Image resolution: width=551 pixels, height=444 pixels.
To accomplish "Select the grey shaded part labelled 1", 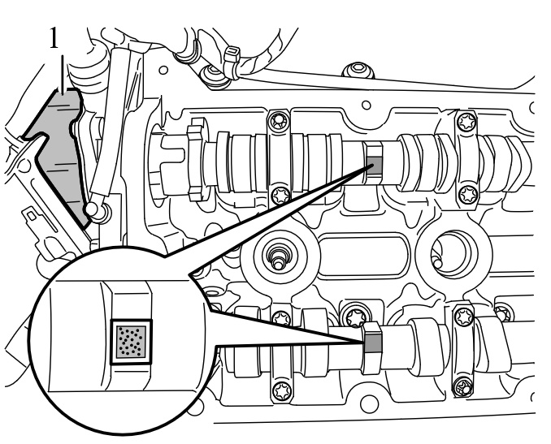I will point(59,150).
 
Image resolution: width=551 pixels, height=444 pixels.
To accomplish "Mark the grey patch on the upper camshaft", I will point(374,162).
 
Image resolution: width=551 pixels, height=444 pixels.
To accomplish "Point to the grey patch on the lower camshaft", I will point(371,345).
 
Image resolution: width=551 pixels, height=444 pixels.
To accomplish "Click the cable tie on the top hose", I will point(232,57).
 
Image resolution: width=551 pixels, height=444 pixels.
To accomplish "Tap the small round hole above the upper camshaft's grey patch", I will point(366,106).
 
